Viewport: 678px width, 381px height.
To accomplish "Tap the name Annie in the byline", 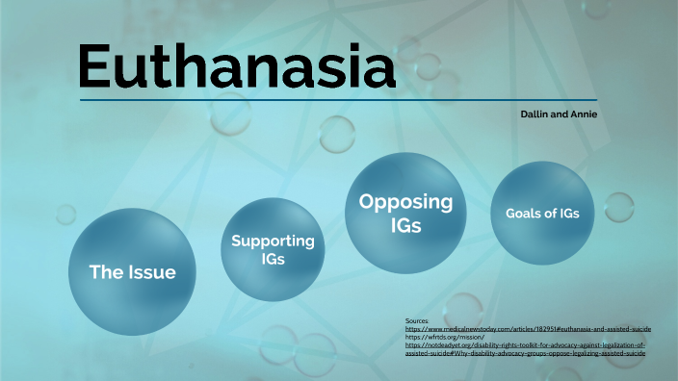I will (584, 114).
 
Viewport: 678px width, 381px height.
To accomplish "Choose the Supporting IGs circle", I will (274, 248).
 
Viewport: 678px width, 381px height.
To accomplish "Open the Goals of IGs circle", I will (542, 213).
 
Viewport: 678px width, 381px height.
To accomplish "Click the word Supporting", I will (274, 241).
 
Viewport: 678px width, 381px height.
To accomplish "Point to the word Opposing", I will (405, 202).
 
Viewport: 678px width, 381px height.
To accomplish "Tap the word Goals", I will (525, 214).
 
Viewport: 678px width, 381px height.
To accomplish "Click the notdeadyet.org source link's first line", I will (525, 344).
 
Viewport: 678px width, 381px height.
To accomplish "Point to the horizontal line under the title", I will (337, 99).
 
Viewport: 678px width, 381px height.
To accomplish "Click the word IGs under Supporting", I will (274, 259).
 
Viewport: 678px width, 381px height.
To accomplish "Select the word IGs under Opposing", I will (405, 225).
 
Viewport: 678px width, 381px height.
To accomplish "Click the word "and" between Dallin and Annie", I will (561, 114).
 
